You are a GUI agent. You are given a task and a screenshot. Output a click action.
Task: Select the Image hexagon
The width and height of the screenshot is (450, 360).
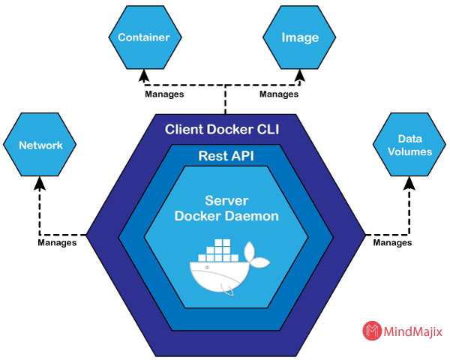299,37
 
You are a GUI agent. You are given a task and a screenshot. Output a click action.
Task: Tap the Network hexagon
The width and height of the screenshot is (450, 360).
40,145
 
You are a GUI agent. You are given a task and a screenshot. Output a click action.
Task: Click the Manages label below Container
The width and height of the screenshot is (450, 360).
163,95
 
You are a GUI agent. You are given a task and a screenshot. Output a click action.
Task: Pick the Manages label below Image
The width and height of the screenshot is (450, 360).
279,95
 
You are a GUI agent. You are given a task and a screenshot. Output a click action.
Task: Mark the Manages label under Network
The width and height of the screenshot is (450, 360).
57,243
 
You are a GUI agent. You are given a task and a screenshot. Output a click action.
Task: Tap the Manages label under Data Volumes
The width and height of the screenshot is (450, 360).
391,243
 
